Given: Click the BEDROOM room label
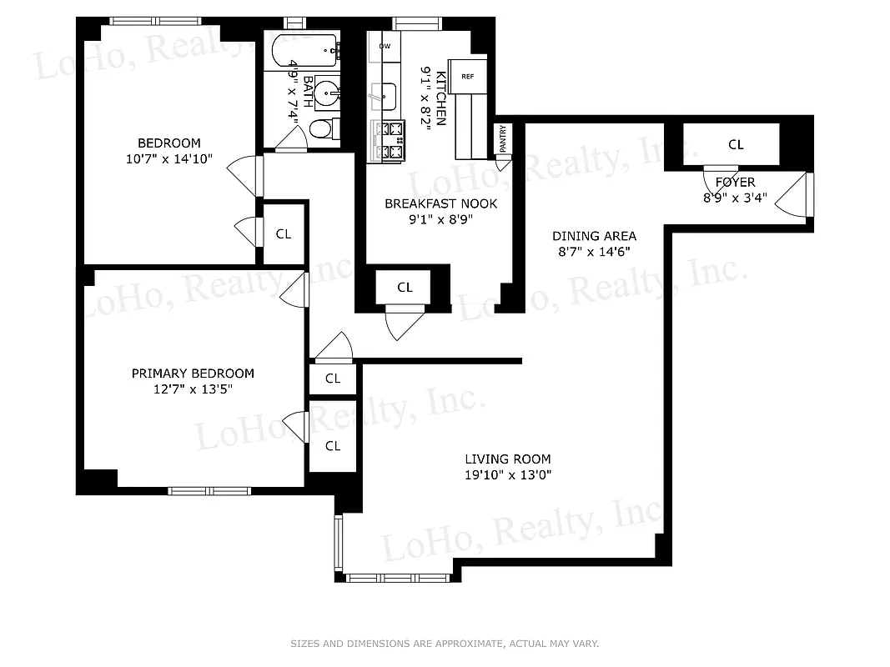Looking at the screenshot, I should pos(168,143).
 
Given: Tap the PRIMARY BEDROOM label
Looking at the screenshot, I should pos(193,374).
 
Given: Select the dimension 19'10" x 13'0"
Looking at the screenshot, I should pos(507,475).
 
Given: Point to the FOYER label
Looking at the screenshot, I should pos(735,183).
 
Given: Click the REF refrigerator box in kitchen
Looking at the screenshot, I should pos(468,76).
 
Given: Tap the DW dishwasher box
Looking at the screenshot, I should pos(385,47).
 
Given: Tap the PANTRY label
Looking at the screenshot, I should pos(503,138).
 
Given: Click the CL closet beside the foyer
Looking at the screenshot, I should pos(735,145).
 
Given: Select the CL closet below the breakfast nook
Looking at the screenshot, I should pos(405,288).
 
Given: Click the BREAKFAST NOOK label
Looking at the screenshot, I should pos(440,203).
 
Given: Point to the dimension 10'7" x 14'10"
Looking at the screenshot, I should pos(168,158).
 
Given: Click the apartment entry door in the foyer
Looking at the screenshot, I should pos(797,198).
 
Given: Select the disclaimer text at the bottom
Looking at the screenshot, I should pos(445,644).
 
